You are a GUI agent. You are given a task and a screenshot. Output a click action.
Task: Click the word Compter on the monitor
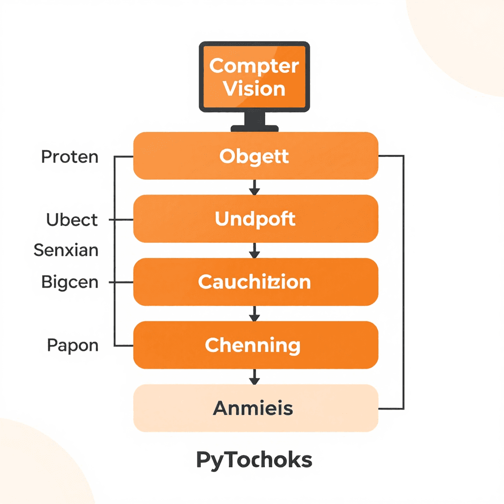coord(254,66)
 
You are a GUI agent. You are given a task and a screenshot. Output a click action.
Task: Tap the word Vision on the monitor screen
coord(254,89)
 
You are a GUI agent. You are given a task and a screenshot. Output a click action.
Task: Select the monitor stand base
coord(254,128)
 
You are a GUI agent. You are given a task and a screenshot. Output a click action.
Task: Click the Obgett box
coord(255,156)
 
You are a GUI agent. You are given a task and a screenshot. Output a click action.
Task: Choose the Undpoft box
coord(255,219)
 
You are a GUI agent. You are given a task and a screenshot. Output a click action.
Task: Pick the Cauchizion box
coord(255,282)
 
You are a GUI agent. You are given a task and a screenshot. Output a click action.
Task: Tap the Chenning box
coord(255,345)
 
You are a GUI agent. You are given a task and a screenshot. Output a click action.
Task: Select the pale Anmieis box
coord(255,408)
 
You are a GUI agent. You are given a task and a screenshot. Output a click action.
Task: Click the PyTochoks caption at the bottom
coord(254,460)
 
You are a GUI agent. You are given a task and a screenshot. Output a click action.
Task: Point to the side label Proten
coord(69,157)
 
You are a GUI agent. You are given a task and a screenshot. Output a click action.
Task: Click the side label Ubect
coord(72,220)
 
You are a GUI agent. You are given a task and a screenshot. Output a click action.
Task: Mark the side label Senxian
coord(66,251)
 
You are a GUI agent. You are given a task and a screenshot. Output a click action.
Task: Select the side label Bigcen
coord(69,283)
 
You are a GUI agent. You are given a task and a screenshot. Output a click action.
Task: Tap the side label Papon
coord(72,345)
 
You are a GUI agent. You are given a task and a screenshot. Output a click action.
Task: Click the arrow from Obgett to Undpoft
coord(254,187)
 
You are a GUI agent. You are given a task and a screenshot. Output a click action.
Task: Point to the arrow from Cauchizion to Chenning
coord(254,313)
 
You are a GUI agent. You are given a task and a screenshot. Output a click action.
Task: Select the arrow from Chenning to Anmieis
coord(254,377)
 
